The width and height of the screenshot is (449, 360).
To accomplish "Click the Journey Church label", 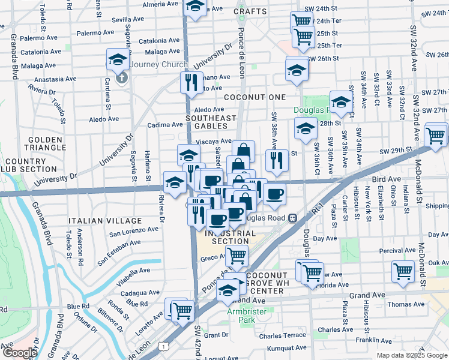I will (x=156, y=65).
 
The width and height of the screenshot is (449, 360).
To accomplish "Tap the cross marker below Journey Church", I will (x=121, y=78).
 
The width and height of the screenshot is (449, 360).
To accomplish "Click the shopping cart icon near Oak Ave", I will (x=403, y=270).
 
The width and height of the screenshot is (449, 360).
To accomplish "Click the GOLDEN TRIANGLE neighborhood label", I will (x=45, y=143).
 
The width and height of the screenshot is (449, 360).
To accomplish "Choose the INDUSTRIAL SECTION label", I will (x=227, y=237).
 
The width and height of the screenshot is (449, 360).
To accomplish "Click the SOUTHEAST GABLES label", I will (x=210, y=122).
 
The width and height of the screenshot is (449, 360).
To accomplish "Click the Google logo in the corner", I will (x=19, y=353).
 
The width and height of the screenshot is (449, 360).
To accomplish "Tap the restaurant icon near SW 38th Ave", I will (x=277, y=161).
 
